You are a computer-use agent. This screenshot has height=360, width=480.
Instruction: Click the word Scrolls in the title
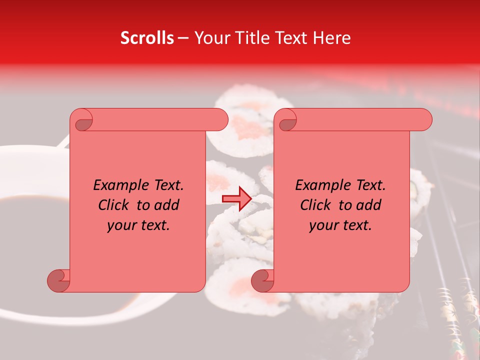pyautogui.click(x=147, y=38)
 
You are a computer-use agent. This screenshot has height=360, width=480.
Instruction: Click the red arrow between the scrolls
pyautogui.click(x=236, y=198)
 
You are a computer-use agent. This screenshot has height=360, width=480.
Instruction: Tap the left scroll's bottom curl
pyautogui.click(x=59, y=280)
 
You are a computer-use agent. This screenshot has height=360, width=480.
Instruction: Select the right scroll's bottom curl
pyautogui.click(x=263, y=280)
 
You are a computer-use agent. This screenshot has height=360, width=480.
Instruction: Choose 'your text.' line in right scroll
pyautogui.click(x=340, y=225)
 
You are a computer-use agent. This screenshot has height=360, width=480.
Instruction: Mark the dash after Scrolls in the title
pyautogui.click(x=183, y=38)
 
